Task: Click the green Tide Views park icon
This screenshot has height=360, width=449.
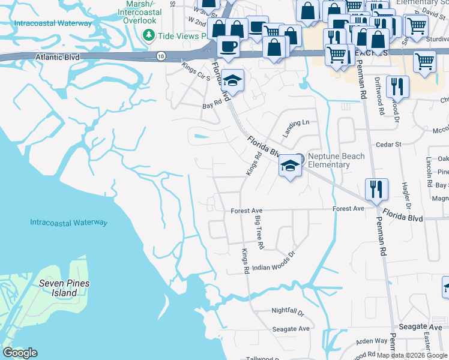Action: (149, 36)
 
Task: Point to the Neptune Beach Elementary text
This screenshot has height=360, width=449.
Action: (336, 160)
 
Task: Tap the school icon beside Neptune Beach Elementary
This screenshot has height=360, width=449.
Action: (290, 166)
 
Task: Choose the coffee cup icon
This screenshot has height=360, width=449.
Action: (228, 46)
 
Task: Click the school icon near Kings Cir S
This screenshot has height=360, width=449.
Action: (232, 80)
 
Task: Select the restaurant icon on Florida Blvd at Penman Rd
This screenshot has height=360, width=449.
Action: (376, 188)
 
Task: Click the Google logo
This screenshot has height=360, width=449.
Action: (20, 353)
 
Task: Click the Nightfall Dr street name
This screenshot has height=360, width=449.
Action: (288, 313)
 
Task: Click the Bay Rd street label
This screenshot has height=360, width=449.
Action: (208, 104)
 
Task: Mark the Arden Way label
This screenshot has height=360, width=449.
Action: (372, 340)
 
